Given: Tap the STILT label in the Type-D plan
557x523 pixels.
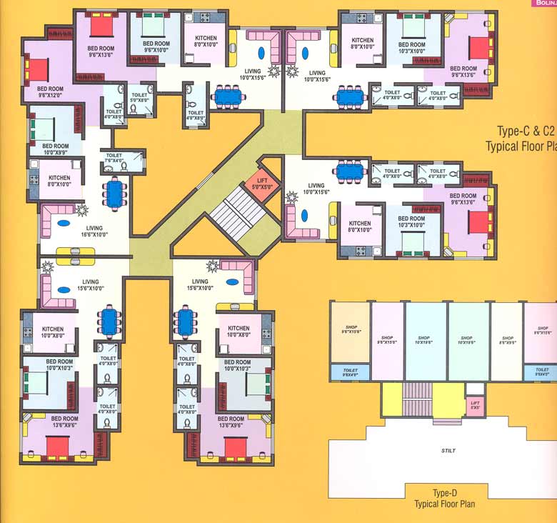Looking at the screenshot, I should pyautogui.click(x=448, y=451).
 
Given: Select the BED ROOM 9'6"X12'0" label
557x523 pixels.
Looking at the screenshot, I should pyautogui.click(x=49, y=92).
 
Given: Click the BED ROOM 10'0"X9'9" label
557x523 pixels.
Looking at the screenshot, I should pyautogui.click(x=51, y=149).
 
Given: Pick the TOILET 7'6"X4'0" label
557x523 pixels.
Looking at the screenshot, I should pyautogui.click(x=114, y=157).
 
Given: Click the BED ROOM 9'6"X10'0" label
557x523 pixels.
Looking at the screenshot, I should pyautogui.click(x=155, y=48).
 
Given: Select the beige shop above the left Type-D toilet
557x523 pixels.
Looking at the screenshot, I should pyautogui.click(x=349, y=334).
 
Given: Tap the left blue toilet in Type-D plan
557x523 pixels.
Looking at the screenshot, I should pyautogui.click(x=349, y=372).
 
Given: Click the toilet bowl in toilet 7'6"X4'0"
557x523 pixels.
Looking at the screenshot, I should pyautogui.click(x=126, y=167).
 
